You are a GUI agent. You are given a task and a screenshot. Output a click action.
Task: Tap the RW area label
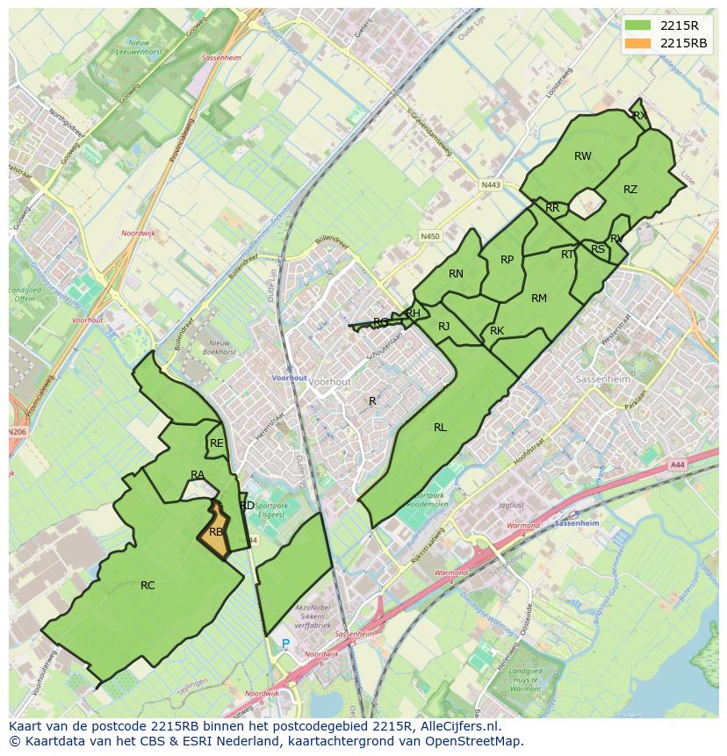(583, 156)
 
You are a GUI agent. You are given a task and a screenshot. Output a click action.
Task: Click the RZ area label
(630, 190)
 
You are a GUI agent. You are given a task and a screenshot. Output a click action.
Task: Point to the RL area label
(440, 428)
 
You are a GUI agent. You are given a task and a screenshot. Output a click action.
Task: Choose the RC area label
(148, 585)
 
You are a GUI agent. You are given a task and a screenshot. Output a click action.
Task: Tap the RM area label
(539, 299)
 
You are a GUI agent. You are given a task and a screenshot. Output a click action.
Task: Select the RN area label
(456, 274)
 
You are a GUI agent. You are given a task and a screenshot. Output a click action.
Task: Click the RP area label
(507, 260)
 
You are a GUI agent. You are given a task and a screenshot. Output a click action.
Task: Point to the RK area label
(497, 331)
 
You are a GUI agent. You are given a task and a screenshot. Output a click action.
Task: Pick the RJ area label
(443, 327)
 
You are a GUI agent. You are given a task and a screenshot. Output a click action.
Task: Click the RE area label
(216, 443)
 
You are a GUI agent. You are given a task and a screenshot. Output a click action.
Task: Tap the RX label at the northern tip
(639, 116)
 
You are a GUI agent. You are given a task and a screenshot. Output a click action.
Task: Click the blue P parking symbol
(285, 644)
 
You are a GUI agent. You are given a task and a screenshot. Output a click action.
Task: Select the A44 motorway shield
(676, 464)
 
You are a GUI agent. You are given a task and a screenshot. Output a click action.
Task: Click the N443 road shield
(490, 185)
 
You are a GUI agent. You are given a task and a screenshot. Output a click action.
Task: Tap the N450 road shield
(429, 236)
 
